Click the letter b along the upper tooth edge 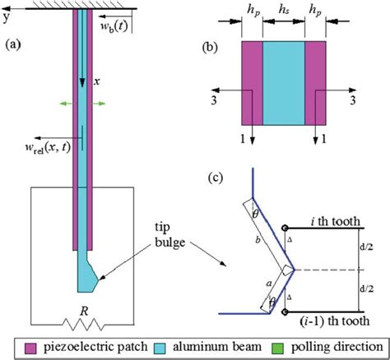tap(259, 241)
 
